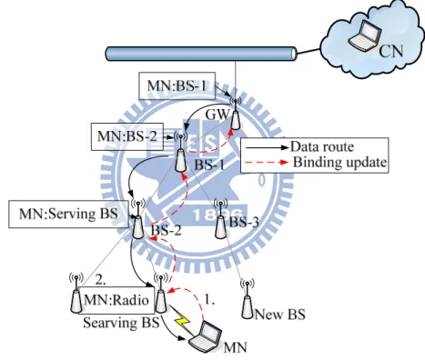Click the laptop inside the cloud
coord(364,35)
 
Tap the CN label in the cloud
coord(391,51)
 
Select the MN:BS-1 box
coord(177,85)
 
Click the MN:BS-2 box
coord(127,136)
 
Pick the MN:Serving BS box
coord(68,214)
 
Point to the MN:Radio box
coord(116,300)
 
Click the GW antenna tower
coord(236,114)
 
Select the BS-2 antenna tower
coord(137,220)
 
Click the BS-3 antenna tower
coord(220,219)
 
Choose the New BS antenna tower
coord(248,299)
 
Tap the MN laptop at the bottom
coord(205,336)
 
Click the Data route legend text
coord(322,147)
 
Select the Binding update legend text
coord(339,163)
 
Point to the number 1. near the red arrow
coord(209,300)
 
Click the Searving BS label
coord(121,323)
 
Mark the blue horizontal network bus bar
coord(201,54)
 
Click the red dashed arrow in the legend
coord(267,163)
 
